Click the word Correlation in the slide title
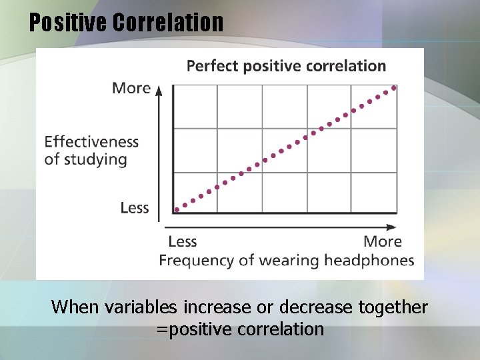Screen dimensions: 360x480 click(x=168, y=22)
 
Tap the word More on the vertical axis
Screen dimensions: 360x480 click(x=131, y=88)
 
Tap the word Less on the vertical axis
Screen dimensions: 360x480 click(x=135, y=208)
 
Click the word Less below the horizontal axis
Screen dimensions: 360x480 click(x=182, y=241)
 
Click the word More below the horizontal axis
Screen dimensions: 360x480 click(x=383, y=241)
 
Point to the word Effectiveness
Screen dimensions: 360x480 click(x=91, y=141)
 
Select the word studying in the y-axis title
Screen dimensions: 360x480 click(x=95, y=159)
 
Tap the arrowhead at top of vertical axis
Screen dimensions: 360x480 click(x=159, y=89)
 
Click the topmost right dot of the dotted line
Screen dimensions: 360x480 click(x=394, y=87)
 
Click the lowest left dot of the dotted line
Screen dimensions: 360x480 click(x=177, y=209)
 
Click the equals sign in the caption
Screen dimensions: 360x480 click(x=160, y=329)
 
